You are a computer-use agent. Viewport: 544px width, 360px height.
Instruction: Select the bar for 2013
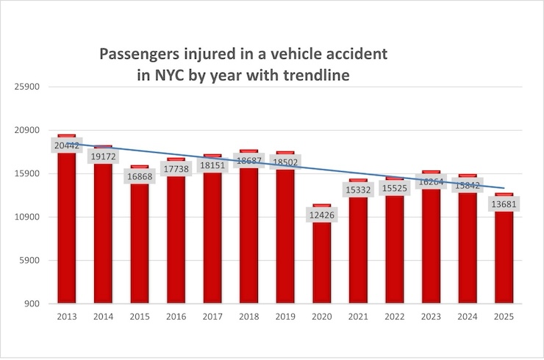point(67,228)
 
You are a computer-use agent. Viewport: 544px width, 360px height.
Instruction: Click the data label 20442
point(67,145)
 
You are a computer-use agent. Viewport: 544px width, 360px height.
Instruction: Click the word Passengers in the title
point(140,55)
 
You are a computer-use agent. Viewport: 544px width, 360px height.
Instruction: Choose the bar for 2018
point(248,235)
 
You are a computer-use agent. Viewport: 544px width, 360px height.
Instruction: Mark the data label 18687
point(248,161)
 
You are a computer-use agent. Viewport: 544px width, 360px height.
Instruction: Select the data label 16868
point(140,176)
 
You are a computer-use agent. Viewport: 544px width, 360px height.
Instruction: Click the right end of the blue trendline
point(504,189)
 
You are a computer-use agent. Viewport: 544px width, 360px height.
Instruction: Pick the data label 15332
point(358,190)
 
